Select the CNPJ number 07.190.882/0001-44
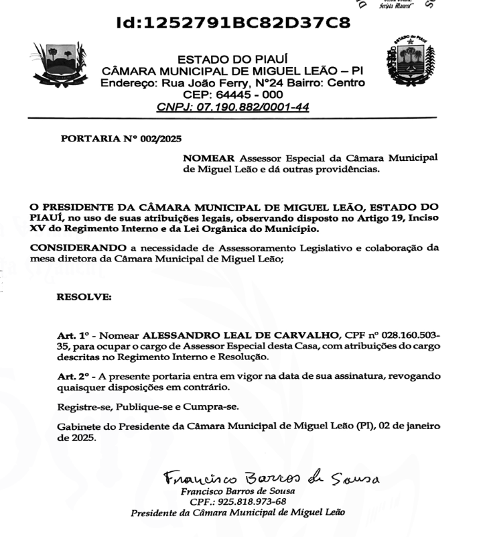click(255, 107)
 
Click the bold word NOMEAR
click(208, 158)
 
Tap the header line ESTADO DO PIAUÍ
click(232, 61)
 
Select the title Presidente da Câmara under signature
click(238, 513)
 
